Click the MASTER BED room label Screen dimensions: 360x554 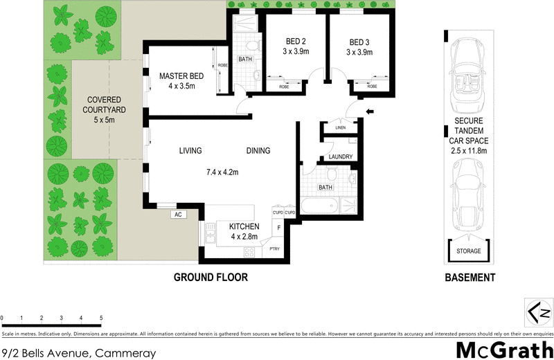click(x=181, y=76)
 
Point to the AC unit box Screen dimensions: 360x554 click(x=177, y=215)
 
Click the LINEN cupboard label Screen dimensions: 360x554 click(x=339, y=128)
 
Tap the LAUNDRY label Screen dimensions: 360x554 click(x=341, y=157)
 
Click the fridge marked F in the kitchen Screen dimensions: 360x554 click(x=278, y=227)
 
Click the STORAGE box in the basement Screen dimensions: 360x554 click(x=470, y=251)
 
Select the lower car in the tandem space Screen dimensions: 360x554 click(x=470, y=197)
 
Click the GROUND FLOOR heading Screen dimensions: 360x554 click(x=210, y=278)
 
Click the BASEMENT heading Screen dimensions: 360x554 click(x=470, y=278)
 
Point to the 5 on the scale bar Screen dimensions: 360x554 click(x=101, y=318)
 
